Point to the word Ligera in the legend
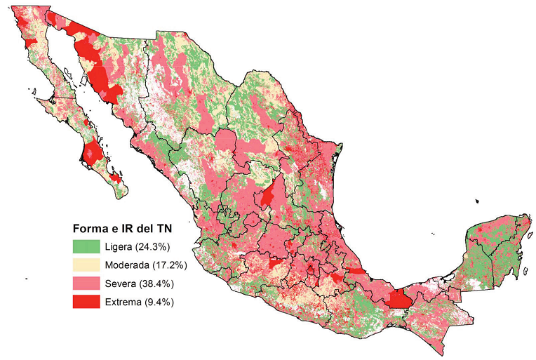121,247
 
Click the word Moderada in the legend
127,265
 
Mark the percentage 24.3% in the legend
156,247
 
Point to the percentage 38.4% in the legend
159,284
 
